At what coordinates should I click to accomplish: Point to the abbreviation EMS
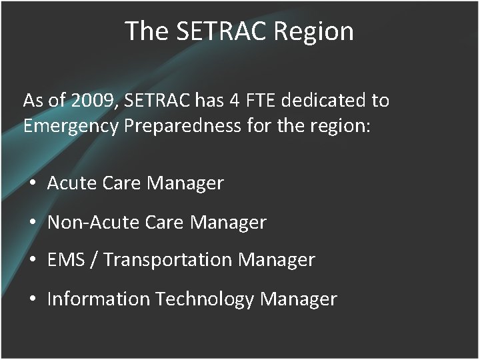[x=65, y=260]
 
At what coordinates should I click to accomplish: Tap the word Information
[x=99, y=299]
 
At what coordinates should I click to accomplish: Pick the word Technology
[x=205, y=299]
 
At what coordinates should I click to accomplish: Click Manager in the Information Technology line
[x=299, y=299]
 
